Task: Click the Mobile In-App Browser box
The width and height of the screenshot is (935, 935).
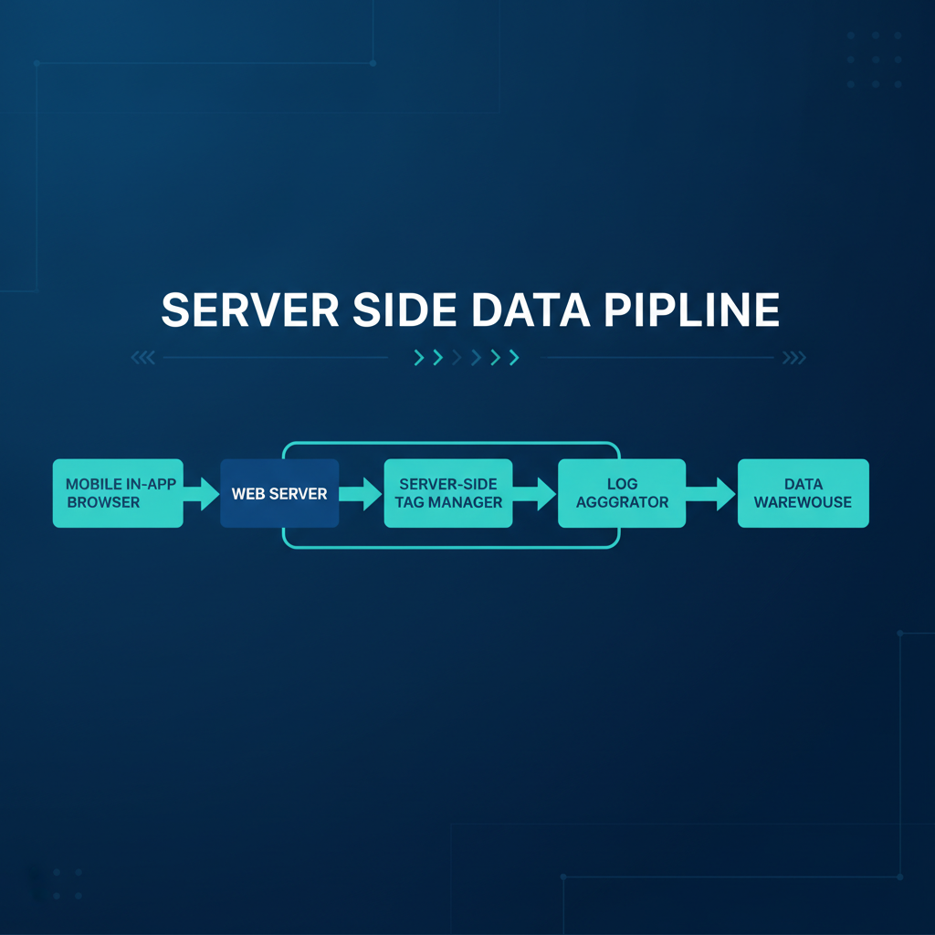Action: coord(118,493)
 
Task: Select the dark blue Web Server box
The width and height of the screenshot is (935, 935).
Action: coord(279,493)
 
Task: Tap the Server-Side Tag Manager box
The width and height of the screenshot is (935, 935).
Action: coord(448,493)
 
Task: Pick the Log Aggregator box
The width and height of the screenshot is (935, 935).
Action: coord(622,493)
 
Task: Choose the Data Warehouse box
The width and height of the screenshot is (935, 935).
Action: coord(804,493)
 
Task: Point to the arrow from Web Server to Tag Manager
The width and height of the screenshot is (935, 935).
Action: coord(361,494)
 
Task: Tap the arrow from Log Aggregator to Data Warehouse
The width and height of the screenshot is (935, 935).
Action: coord(710,494)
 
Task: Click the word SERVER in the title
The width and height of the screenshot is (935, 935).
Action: coord(250,310)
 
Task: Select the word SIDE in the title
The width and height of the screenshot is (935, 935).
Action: coord(404,310)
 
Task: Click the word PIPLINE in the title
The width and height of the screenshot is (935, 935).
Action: coord(692,310)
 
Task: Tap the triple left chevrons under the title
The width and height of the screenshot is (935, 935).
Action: coord(143,357)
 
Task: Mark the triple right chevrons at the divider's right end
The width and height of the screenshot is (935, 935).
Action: coord(794,357)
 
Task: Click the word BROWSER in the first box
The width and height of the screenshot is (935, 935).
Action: coord(103,502)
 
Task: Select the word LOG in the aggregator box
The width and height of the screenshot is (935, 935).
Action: coord(623,484)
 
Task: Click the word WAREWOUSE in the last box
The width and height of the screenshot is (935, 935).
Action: coord(804,502)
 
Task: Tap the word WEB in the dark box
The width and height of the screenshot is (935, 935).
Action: coord(248,494)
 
